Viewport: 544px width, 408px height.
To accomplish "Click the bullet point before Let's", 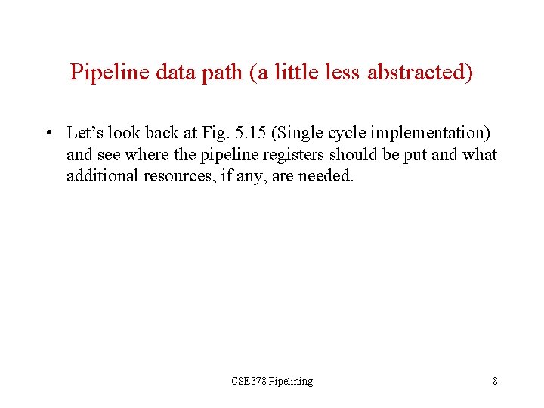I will [48, 134].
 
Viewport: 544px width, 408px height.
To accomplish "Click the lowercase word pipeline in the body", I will [208, 155].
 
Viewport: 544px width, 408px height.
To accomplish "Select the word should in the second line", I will [331, 155].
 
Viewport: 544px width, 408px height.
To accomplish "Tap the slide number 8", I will [495, 381].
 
